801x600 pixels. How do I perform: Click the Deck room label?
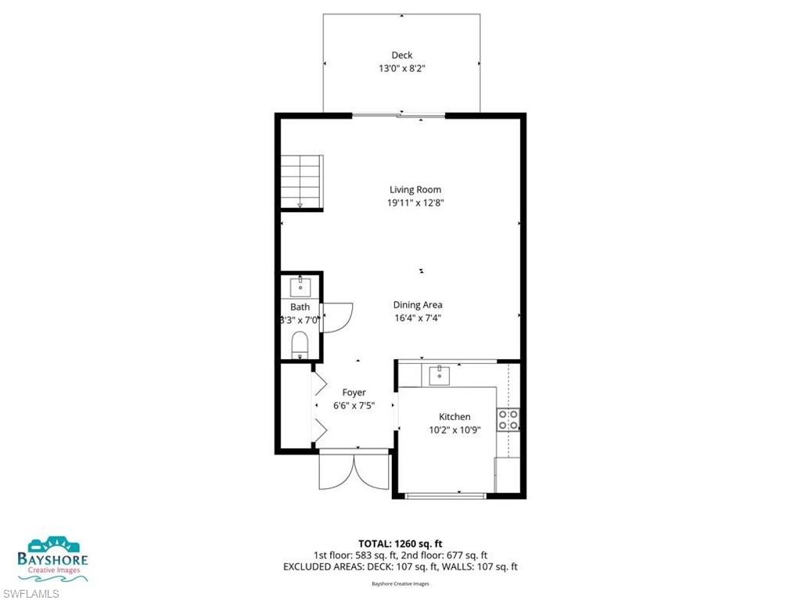(x=402, y=55)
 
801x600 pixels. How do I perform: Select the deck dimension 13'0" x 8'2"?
(x=402, y=68)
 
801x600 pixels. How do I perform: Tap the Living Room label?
(x=415, y=189)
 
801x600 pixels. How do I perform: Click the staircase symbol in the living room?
(x=302, y=181)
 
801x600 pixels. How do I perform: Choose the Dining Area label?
(x=418, y=305)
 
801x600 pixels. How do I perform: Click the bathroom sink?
(x=300, y=286)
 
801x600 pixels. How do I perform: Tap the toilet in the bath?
(x=300, y=344)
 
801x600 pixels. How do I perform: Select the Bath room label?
(x=300, y=307)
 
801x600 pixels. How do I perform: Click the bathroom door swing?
(x=336, y=317)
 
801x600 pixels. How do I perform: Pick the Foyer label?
(x=354, y=392)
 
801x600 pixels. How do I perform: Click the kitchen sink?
(x=440, y=375)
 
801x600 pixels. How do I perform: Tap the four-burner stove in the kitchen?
(x=509, y=420)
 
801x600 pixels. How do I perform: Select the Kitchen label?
(x=454, y=417)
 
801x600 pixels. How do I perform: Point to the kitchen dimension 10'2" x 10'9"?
(x=454, y=429)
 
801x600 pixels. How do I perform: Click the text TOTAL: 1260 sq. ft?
(x=400, y=543)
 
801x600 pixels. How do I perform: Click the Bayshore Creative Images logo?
(x=53, y=559)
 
